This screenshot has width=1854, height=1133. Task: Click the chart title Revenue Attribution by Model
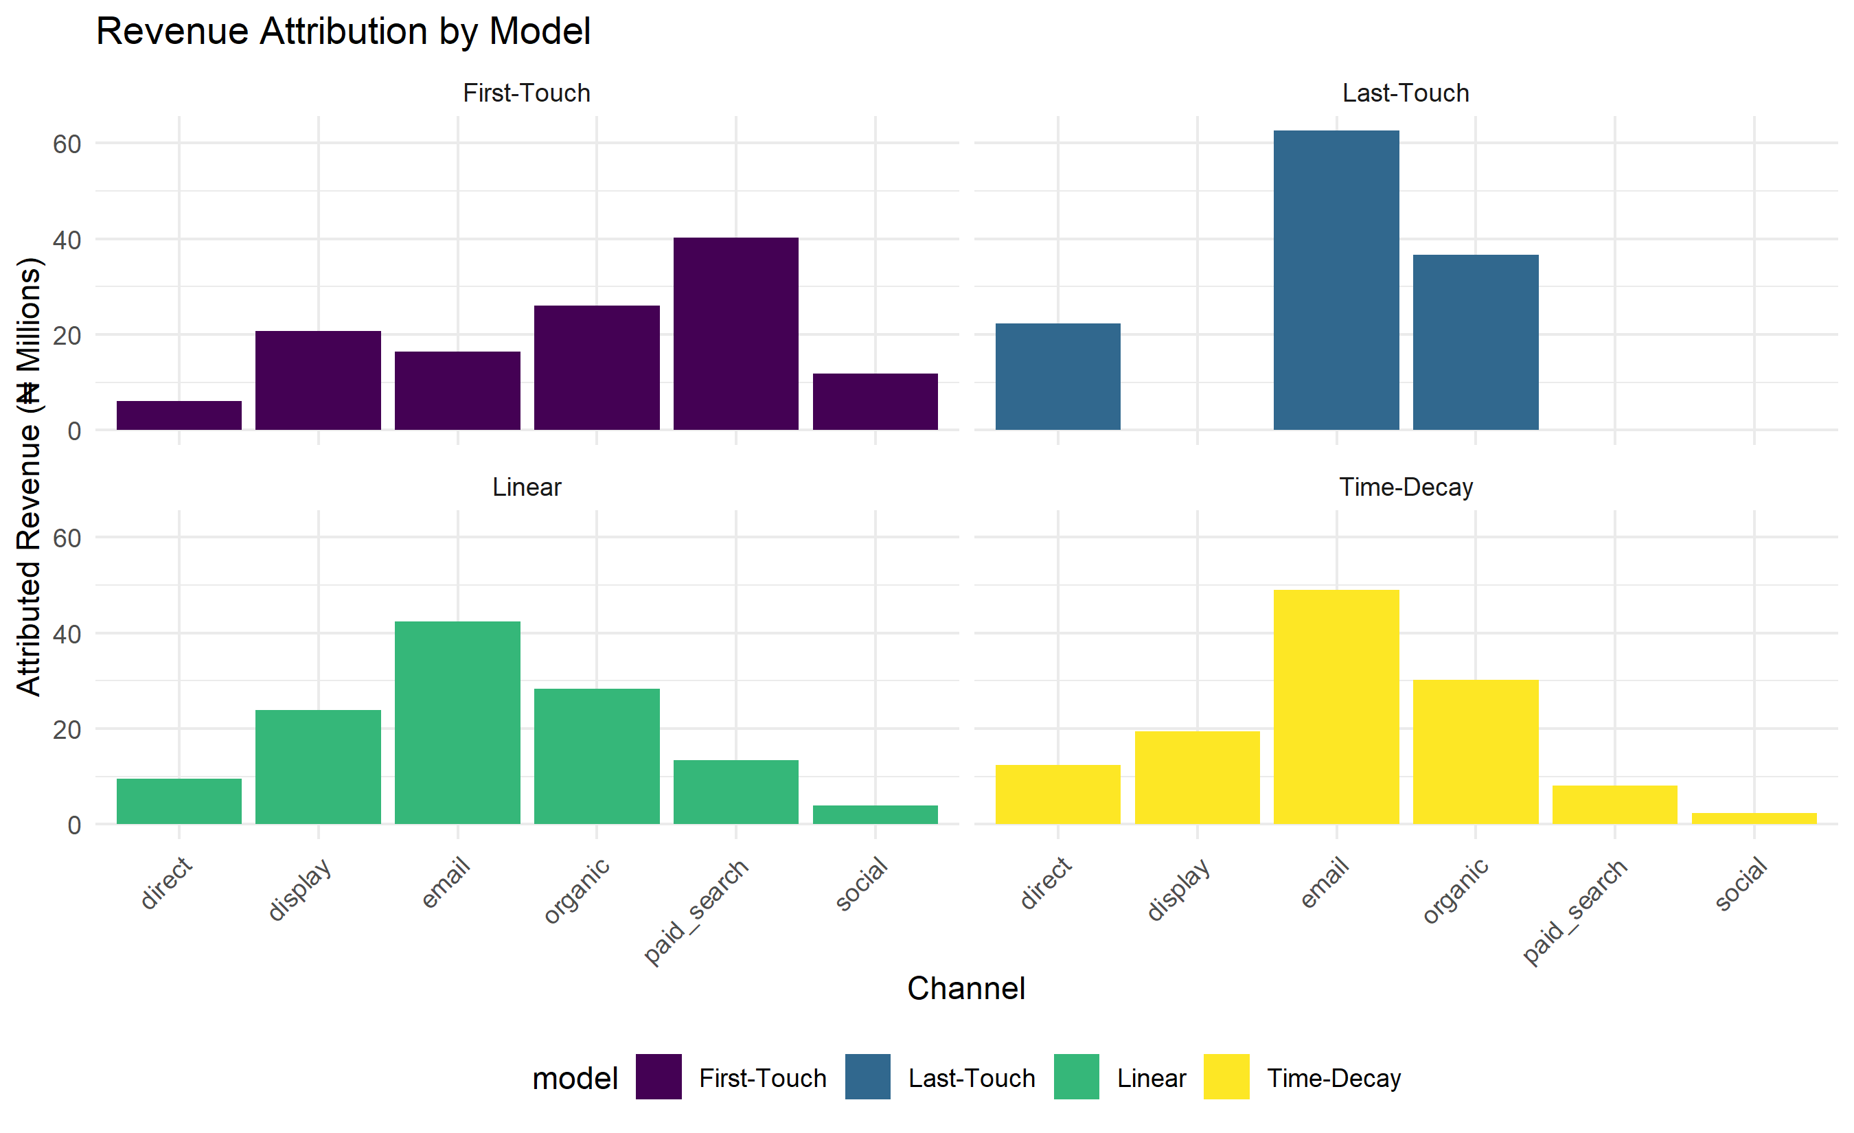(x=343, y=32)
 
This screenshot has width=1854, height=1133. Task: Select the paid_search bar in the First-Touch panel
(x=736, y=334)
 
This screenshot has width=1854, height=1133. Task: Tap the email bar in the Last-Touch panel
(x=1336, y=281)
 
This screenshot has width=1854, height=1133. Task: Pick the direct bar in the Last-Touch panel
(x=1058, y=377)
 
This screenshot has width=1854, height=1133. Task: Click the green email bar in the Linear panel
(x=457, y=723)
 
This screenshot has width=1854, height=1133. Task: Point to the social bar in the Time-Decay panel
(x=1754, y=819)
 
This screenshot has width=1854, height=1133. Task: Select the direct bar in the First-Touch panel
(x=179, y=415)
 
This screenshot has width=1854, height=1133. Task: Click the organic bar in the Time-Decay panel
(x=1476, y=753)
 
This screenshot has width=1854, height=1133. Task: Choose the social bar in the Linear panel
(x=875, y=815)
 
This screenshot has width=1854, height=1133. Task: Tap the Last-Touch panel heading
(x=1406, y=93)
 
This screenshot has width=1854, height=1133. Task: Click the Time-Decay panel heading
(x=1406, y=488)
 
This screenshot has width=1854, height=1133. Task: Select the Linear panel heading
(x=527, y=488)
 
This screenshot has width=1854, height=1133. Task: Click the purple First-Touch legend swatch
(x=659, y=1077)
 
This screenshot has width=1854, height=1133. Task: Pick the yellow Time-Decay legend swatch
(x=1226, y=1077)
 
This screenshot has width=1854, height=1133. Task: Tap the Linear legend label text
(x=1152, y=1078)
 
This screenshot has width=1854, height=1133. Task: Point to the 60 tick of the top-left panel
(x=67, y=144)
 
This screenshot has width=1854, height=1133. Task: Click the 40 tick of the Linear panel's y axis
(x=67, y=634)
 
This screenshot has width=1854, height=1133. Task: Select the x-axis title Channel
(x=966, y=989)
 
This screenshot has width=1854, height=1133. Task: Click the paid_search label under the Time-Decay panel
(x=1574, y=911)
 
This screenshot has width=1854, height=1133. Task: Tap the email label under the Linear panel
(x=446, y=882)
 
